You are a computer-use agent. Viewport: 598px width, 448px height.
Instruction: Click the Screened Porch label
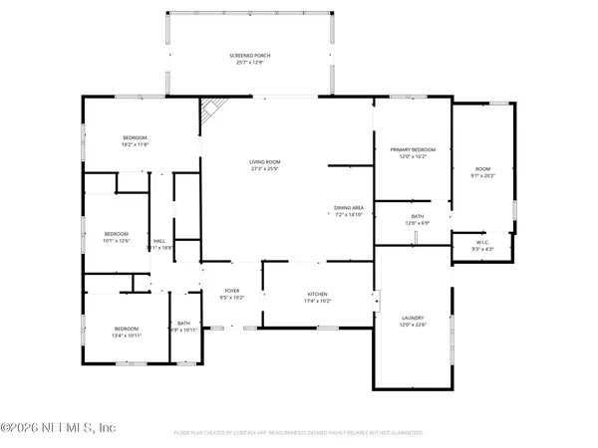(x=250, y=56)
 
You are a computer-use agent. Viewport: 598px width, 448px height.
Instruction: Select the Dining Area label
(x=348, y=208)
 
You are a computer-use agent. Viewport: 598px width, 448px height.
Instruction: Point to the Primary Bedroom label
(x=413, y=149)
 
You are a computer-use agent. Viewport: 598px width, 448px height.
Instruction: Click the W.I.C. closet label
(x=480, y=241)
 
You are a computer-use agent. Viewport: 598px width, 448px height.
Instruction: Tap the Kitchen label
(x=317, y=295)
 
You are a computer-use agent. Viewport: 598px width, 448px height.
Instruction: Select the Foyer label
(x=231, y=292)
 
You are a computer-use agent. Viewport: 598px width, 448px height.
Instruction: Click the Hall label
(x=159, y=241)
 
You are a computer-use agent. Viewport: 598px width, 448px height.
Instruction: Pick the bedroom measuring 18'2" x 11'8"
(x=136, y=140)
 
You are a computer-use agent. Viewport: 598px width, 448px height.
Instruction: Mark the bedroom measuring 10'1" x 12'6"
(x=118, y=237)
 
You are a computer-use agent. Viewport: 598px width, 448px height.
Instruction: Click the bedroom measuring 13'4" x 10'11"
(x=126, y=332)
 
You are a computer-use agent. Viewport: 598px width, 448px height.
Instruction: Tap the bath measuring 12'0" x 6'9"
(x=418, y=219)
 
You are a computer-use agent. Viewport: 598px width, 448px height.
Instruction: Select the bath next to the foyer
(x=184, y=326)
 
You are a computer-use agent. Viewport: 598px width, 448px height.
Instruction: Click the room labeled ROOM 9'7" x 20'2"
(x=483, y=171)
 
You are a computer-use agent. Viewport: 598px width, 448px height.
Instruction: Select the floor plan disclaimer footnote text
(x=299, y=433)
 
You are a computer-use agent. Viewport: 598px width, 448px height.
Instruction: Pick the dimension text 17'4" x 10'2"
(x=317, y=301)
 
